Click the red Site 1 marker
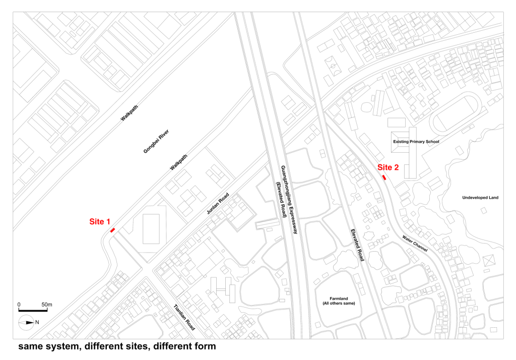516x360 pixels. pyautogui.click(x=112, y=230)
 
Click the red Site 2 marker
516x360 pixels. pyautogui.click(x=383, y=177)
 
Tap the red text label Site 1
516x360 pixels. pyautogui.click(x=100, y=222)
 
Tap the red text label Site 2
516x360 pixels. pyautogui.click(x=388, y=167)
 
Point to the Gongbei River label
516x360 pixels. pyautogui.click(x=156, y=141)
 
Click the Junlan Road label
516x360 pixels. pyautogui.click(x=218, y=204)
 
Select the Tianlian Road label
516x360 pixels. pyautogui.click(x=184, y=317)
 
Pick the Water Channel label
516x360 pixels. pyautogui.click(x=415, y=244)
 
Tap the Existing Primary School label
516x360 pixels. pyautogui.click(x=416, y=142)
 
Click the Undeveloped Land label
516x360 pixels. pyautogui.click(x=480, y=198)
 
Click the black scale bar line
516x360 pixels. pyautogui.click(x=33, y=310)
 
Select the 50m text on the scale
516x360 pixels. pyautogui.click(x=47, y=305)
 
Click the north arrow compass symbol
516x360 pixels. pyautogui.click(x=26, y=323)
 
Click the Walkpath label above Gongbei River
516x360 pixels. pyautogui.click(x=130, y=113)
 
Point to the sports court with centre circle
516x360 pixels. pyautogui.click(x=333, y=66)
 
